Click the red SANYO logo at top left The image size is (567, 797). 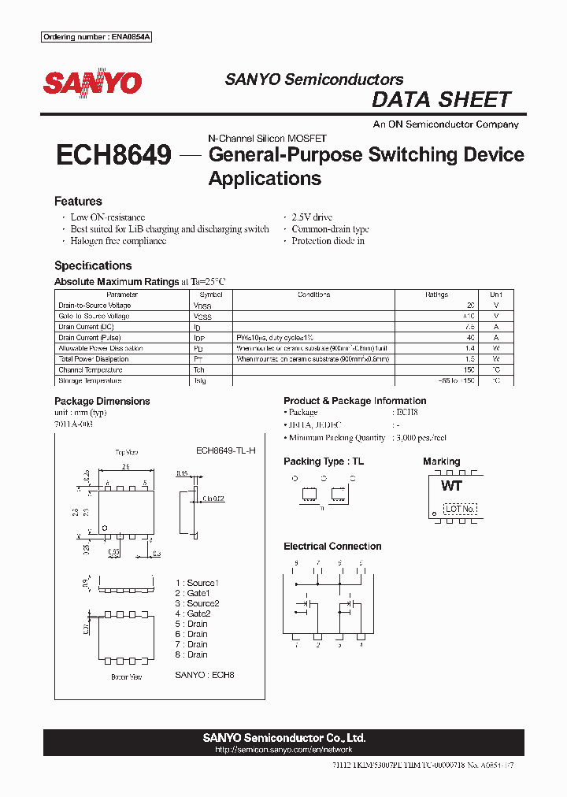[x=92, y=83]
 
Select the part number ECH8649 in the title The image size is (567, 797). [x=113, y=155]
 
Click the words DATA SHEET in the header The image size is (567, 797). [x=441, y=100]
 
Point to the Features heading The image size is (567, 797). [x=78, y=202]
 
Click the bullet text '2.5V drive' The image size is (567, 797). [x=312, y=217]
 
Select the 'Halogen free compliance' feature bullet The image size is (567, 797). [x=118, y=241]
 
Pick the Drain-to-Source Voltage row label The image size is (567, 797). [x=94, y=306]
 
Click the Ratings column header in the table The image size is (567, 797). [x=437, y=295]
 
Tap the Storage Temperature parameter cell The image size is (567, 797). [x=90, y=380]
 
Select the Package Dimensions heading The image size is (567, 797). [x=102, y=401]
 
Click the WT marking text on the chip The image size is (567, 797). [x=451, y=486]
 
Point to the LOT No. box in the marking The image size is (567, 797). [x=460, y=509]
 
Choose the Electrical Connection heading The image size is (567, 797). [x=332, y=547]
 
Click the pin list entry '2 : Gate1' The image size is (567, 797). [x=193, y=593]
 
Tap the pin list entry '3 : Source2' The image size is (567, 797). [x=197, y=603]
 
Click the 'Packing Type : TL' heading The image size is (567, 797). [x=323, y=462]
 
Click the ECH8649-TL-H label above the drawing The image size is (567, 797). [x=226, y=450]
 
